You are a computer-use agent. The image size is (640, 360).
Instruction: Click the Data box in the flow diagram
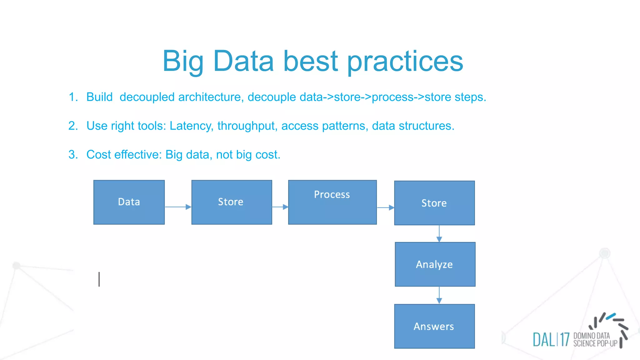[x=129, y=202]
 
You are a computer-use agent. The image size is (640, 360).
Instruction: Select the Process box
[x=332, y=202]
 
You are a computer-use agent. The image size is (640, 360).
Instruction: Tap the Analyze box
[x=435, y=264]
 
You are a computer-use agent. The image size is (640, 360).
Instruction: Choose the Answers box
[x=434, y=326]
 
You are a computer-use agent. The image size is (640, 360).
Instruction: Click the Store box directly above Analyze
[x=434, y=203]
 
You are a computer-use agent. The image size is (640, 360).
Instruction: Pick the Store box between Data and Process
[x=231, y=202]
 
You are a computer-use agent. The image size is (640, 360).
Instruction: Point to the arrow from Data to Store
[x=177, y=207]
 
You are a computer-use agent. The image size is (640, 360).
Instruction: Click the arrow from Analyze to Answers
[x=439, y=295]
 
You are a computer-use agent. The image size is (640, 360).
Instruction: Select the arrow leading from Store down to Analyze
[x=439, y=233]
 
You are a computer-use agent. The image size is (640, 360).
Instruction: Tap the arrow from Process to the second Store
[x=385, y=207]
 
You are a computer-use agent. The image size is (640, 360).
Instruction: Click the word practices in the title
[x=405, y=61]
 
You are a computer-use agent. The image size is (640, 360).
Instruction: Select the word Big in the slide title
[x=183, y=61]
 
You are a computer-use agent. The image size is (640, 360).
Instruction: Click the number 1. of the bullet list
[x=73, y=97]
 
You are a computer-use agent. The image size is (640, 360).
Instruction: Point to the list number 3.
[x=73, y=155]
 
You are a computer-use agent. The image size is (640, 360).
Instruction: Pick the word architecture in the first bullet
[x=211, y=97]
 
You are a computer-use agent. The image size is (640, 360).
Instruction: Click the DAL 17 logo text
[x=551, y=340]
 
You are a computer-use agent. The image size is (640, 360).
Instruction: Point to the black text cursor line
[x=99, y=279]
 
